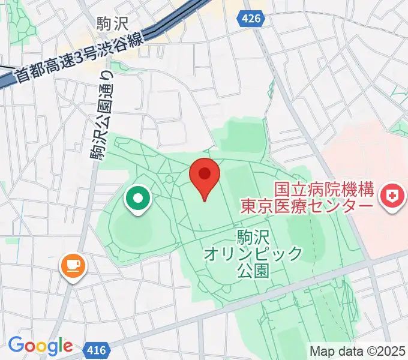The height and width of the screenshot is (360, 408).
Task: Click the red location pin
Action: pos(205,176)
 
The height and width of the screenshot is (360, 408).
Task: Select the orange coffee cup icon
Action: pos(73,265)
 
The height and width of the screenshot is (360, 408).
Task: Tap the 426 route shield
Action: pos(251,19)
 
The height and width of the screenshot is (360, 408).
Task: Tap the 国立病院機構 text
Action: pos(324,190)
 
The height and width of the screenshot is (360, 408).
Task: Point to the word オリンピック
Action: pos(253,254)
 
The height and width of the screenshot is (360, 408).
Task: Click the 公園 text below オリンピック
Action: pos(253,271)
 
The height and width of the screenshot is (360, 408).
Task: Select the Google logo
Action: pos(40,346)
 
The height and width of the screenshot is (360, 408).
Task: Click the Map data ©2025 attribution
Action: pos(358,351)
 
